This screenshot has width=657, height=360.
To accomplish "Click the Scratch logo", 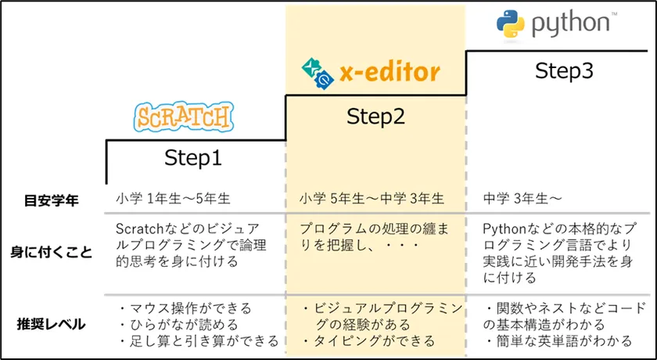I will pos(185,117).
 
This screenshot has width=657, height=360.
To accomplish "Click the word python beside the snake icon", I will pos(570,23).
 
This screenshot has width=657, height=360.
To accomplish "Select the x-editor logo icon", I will pos(317,73).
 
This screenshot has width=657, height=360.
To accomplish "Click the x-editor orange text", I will pos(390,74).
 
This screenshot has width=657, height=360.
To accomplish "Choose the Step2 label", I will pos(375,117).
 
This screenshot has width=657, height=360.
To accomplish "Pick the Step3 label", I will pos(564,70).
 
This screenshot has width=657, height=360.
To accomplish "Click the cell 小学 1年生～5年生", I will pos(173,200).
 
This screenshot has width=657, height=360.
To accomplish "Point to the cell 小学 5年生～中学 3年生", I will pos(372,200).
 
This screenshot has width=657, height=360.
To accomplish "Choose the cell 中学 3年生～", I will pos(522,200).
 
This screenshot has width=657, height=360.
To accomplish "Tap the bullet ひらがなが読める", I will pos(178,324).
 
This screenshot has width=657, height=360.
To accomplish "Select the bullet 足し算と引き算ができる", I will pos(199,341).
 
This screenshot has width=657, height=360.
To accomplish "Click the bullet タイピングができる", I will pos(362,341).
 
